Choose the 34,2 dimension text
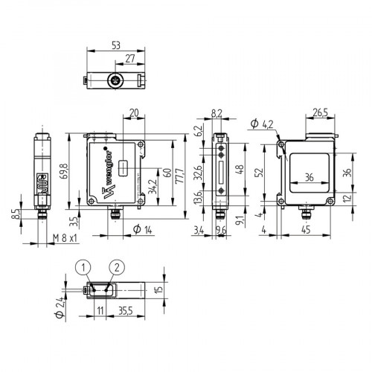[153, 190]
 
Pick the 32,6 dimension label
[197, 173]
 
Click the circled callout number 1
[86, 266]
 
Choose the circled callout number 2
[115, 266]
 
